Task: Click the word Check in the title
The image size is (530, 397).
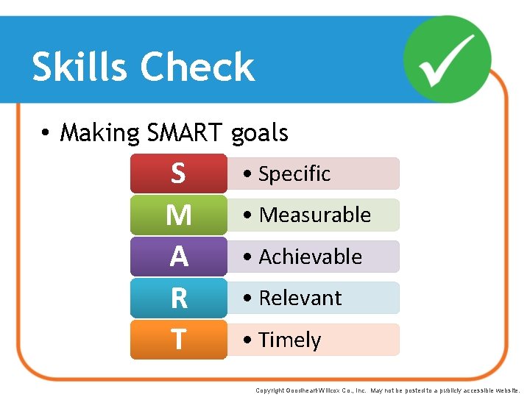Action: pos(197,67)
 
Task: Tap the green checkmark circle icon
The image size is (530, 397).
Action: pos(448,59)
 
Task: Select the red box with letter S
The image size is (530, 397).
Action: pos(178,174)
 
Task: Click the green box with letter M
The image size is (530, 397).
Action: pos(178,215)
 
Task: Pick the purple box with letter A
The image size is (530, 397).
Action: pos(178,257)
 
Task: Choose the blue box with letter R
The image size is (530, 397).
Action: pos(178,298)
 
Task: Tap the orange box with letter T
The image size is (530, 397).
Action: pos(178,340)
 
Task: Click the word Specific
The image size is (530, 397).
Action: pos(294,174)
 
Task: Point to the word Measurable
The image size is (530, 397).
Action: pos(315,215)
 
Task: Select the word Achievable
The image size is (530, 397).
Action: pos(311,257)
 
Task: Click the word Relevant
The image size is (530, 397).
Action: pos(300,298)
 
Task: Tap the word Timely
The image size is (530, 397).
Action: pos(290,340)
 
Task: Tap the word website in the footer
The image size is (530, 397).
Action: pos(507,390)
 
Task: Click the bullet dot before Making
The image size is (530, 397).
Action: pos(46,134)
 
